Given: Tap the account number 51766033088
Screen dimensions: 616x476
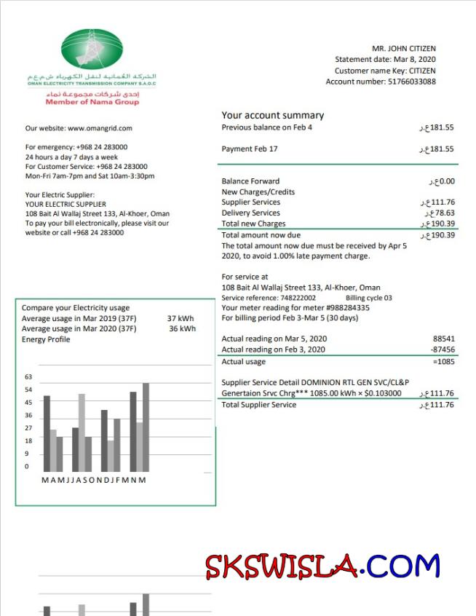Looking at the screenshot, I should (x=413, y=82).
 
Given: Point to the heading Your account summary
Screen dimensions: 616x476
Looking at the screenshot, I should (x=273, y=115).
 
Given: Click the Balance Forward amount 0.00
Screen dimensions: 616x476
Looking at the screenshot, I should (x=442, y=181).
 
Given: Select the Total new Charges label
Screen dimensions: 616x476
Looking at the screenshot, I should (x=253, y=224).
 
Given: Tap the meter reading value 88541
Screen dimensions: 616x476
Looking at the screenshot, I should (x=443, y=339).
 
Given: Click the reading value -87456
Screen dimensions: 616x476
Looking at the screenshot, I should (x=441, y=350).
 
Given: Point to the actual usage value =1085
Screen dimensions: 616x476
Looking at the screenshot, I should (x=443, y=362).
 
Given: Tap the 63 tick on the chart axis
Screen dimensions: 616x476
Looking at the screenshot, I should (x=29, y=376).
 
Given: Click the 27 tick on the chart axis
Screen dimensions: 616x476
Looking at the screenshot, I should (x=29, y=427).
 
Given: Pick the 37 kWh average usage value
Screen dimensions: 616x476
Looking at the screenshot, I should (x=181, y=318).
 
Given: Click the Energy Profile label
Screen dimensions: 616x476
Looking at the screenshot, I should (x=46, y=339).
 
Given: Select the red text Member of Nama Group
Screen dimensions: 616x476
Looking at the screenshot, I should (x=92, y=102).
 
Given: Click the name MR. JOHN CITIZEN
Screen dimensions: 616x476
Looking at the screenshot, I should (x=404, y=49).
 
